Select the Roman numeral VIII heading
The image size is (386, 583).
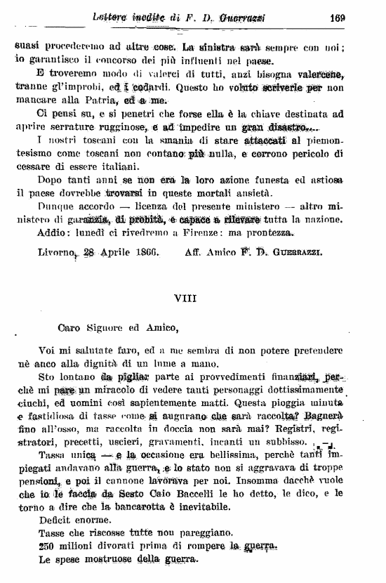pos(186,297)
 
